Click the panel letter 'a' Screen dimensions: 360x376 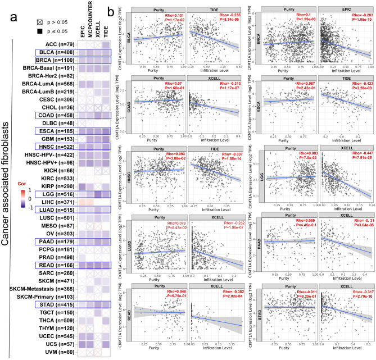tap(15, 16)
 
